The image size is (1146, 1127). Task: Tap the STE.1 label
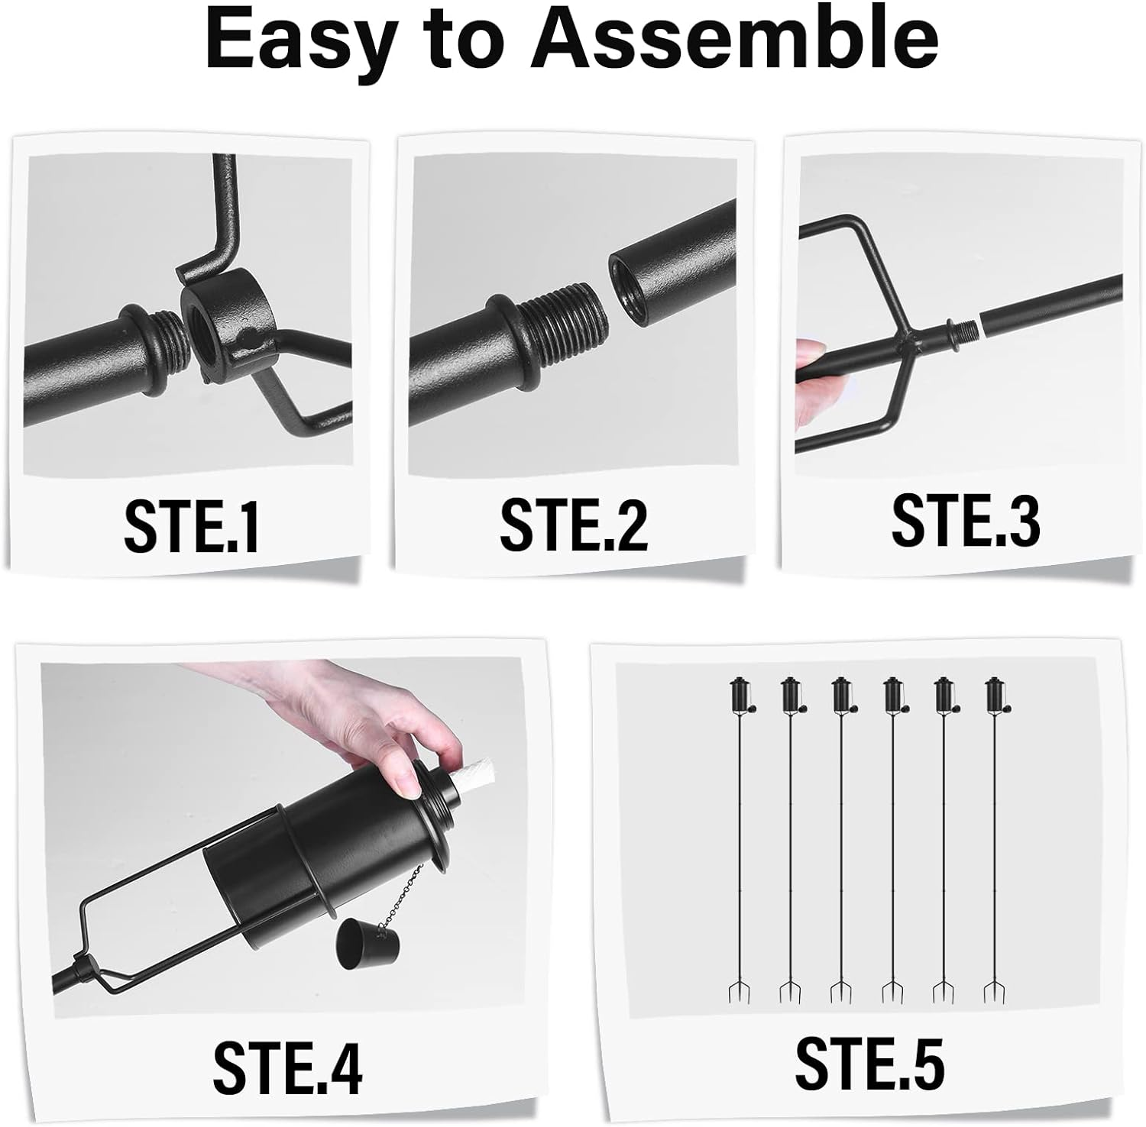pos(191,526)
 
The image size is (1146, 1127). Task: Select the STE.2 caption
pos(574,525)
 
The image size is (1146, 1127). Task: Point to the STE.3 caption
pos(966,521)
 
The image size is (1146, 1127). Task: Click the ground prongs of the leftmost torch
pos(740,993)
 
